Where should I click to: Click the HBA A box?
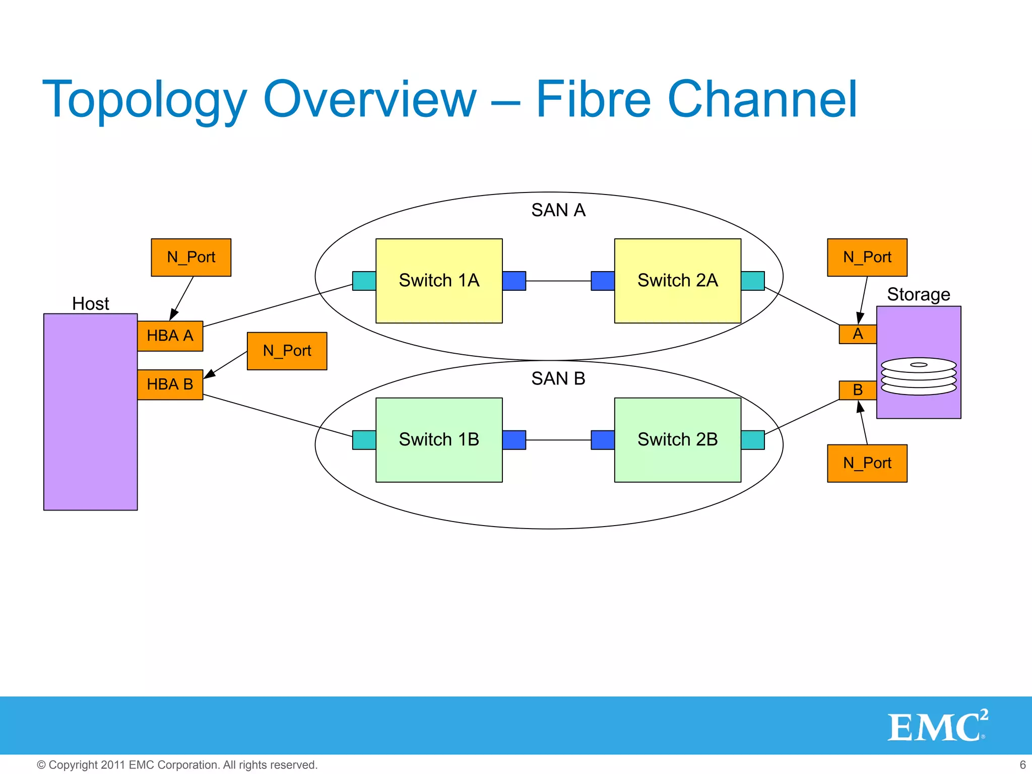(x=170, y=336)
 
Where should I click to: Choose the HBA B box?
(x=170, y=384)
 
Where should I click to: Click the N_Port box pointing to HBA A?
(x=191, y=257)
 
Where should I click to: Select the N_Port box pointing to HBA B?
(x=287, y=351)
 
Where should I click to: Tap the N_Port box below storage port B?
(x=867, y=463)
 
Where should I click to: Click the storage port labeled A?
(x=858, y=334)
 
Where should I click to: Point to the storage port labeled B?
(x=858, y=390)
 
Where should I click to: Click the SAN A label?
(x=558, y=210)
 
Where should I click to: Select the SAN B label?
(x=558, y=378)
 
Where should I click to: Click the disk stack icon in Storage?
(x=918, y=376)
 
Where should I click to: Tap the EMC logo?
(x=937, y=726)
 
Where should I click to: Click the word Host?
(x=91, y=304)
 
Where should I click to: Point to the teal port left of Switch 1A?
(x=364, y=281)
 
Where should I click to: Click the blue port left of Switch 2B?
(x=603, y=440)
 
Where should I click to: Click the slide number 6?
(x=1022, y=764)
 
